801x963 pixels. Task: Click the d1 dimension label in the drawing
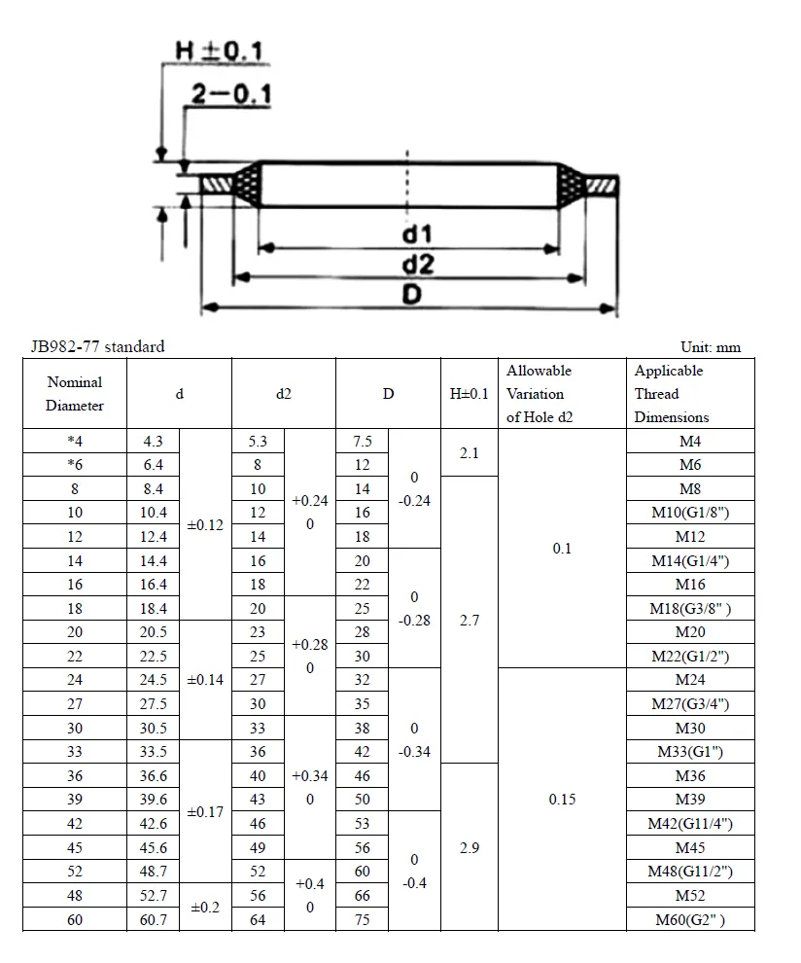[x=415, y=234]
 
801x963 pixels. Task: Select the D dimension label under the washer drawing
[x=411, y=295]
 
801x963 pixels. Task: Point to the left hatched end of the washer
[x=215, y=183]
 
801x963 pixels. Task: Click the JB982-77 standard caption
[x=97, y=346]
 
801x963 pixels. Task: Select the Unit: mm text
[x=711, y=347]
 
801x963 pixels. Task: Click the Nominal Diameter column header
[x=74, y=394]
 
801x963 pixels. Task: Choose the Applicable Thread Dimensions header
[x=672, y=394]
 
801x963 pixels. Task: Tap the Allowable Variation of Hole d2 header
[x=540, y=394]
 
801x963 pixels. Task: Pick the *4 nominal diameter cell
[x=74, y=442]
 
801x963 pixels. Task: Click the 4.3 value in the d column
[x=154, y=442]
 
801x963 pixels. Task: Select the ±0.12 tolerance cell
[x=205, y=524]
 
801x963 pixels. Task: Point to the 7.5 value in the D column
[x=362, y=442]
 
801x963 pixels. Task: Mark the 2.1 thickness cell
[x=469, y=453]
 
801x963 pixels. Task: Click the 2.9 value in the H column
[x=469, y=847]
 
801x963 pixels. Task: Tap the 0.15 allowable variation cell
[x=562, y=800]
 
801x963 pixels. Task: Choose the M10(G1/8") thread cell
[x=689, y=513]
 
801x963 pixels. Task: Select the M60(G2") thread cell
[x=689, y=919]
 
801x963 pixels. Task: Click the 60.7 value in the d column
[x=154, y=919]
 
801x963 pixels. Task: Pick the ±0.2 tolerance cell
[x=205, y=908]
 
